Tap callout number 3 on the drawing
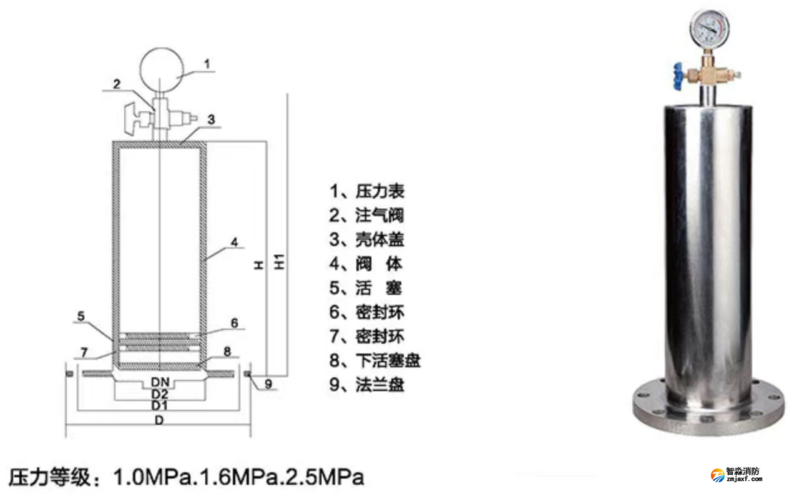[211, 119]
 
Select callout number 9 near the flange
[268, 384]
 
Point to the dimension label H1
[279, 262]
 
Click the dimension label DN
[160, 382]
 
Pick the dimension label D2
[160, 394]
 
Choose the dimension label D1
[159, 405]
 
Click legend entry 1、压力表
[366, 191]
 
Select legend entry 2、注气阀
[366, 216]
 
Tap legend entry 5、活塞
[366, 288]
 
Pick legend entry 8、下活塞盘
[375, 360]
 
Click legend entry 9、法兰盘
[366, 385]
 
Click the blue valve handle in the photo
[679, 76]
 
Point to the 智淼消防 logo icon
[718, 475]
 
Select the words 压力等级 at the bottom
[50, 477]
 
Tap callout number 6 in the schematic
[235, 323]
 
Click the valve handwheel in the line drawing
[131, 119]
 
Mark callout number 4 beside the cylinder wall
[235, 242]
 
